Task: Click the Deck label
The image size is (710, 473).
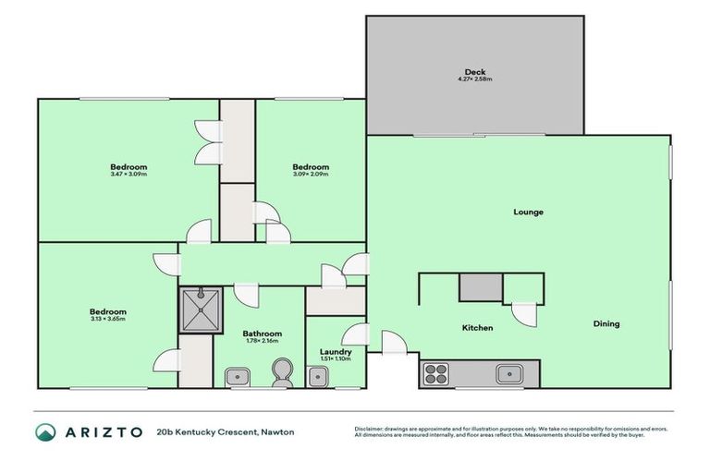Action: (x=475, y=72)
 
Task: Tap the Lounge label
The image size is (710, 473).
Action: (x=529, y=212)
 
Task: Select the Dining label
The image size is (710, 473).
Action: (x=606, y=324)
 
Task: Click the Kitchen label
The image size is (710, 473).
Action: (x=477, y=328)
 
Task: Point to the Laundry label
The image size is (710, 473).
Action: (x=335, y=351)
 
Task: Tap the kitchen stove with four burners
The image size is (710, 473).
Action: (x=435, y=374)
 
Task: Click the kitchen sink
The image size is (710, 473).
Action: (x=508, y=374)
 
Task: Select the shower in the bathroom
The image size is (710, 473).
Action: (x=201, y=309)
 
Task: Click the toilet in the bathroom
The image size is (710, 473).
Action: (x=280, y=373)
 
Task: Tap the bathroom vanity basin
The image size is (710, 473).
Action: (x=237, y=376)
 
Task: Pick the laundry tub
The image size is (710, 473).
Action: (x=318, y=376)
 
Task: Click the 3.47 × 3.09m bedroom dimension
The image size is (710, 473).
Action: (x=128, y=174)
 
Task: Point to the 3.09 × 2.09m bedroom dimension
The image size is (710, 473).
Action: (x=311, y=174)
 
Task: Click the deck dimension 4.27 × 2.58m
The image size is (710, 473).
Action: (x=475, y=79)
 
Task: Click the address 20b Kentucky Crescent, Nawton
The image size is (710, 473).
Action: (x=226, y=432)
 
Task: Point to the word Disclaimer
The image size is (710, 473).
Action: (x=372, y=429)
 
